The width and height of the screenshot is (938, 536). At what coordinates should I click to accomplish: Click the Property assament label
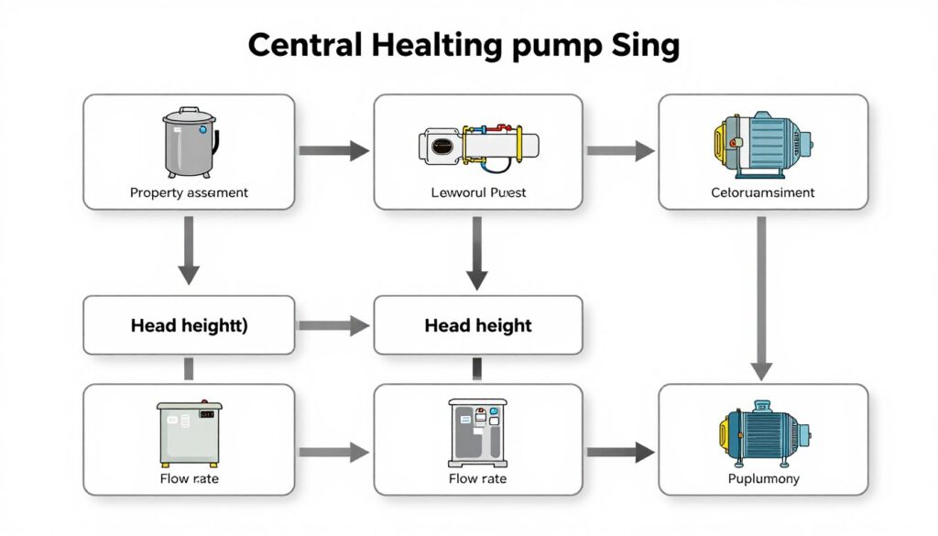[x=189, y=193]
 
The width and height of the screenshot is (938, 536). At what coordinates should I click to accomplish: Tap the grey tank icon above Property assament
[x=190, y=143]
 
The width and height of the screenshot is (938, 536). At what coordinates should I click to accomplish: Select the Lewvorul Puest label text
[x=478, y=193]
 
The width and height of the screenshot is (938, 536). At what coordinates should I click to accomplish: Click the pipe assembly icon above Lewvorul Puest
[x=478, y=146]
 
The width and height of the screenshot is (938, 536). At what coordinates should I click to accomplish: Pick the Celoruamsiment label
[x=762, y=193]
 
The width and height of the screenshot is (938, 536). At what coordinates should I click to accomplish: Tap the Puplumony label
[x=763, y=479]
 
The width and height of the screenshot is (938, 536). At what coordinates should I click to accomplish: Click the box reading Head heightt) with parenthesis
[x=189, y=325]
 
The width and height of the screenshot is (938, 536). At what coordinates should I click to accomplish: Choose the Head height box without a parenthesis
[x=478, y=325]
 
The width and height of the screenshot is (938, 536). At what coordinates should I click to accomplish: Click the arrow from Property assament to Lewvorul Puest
[x=333, y=151]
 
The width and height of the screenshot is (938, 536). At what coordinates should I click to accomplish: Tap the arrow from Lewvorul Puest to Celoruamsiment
[x=620, y=151]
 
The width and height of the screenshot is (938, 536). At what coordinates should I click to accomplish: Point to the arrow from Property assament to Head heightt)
[x=189, y=249]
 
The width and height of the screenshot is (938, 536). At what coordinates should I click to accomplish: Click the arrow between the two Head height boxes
[x=333, y=325]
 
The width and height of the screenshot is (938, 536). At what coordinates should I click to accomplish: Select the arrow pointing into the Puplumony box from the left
[x=620, y=451]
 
